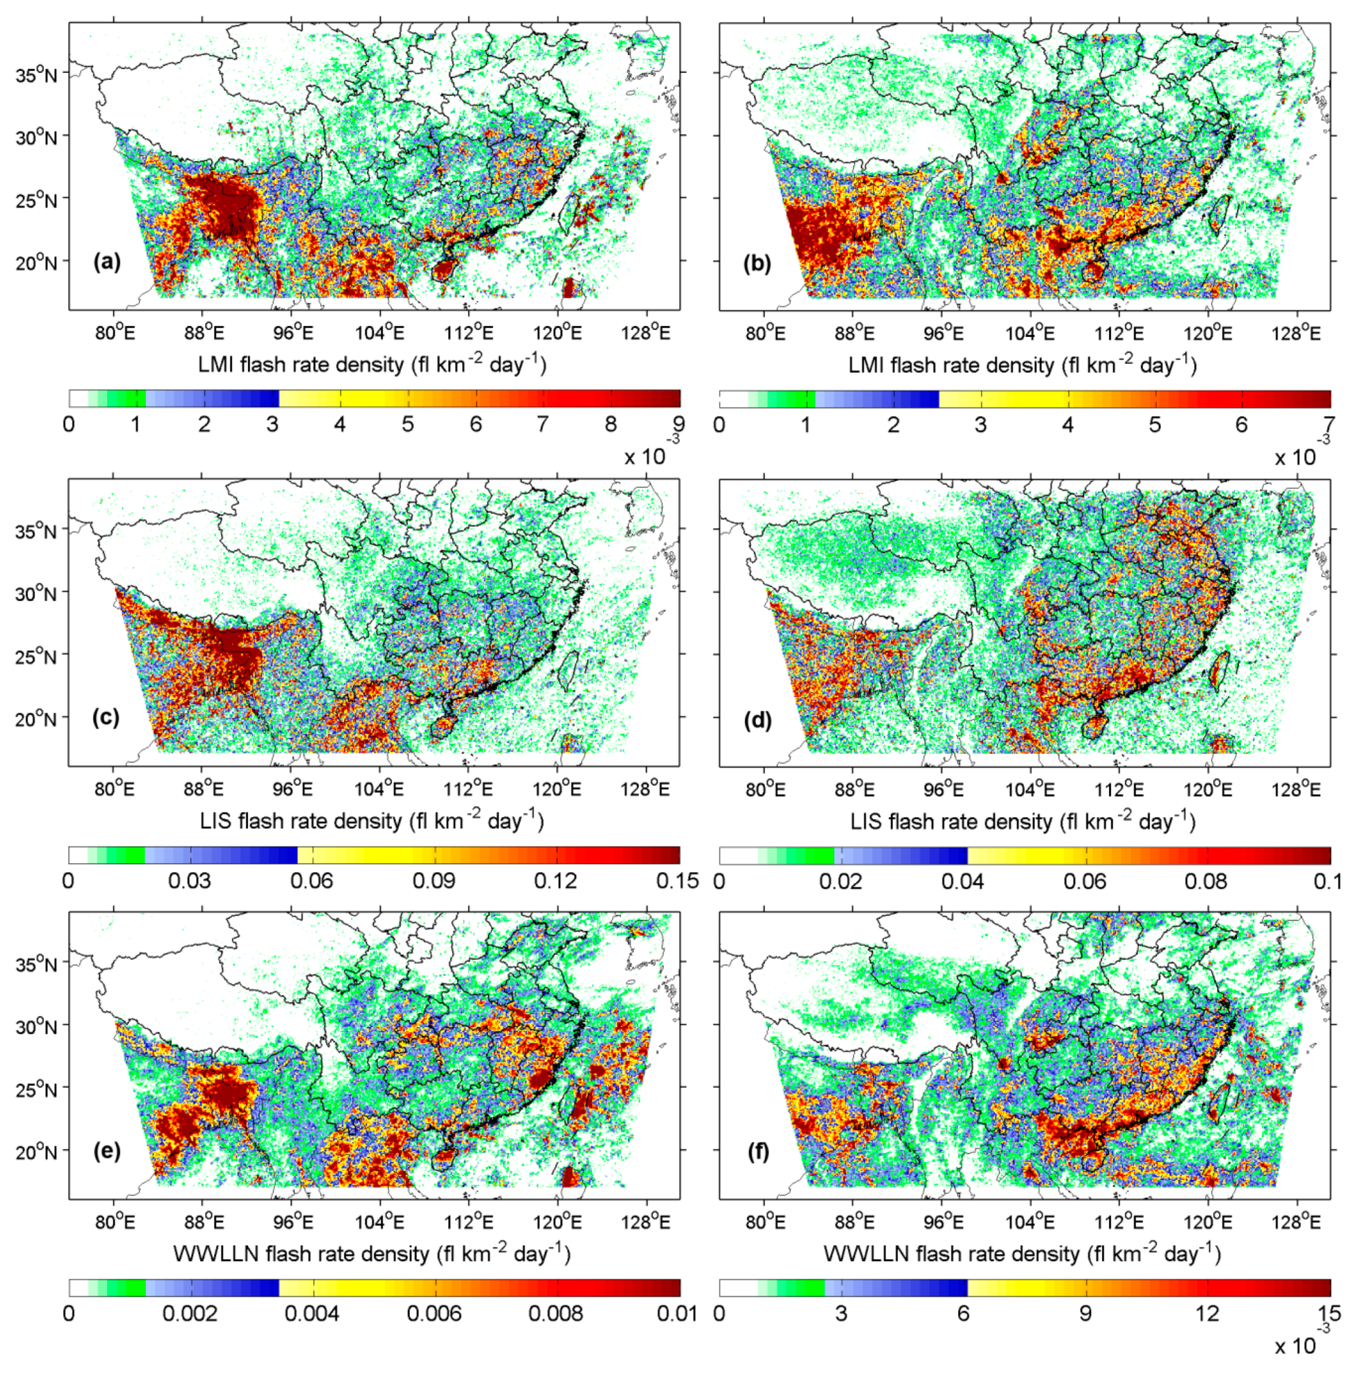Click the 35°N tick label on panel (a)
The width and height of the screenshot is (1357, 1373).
click(x=36, y=73)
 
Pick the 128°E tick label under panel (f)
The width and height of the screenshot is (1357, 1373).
click(x=1297, y=1222)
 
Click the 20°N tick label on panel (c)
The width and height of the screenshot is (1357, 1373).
click(x=36, y=719)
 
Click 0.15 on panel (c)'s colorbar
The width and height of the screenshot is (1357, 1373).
click(x=677, y=881)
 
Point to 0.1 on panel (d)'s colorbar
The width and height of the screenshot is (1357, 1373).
click(x=1328, y=881)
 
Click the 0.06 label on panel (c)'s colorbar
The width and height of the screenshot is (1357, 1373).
click(x=311, y=881)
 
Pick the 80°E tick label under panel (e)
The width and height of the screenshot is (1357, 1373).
click(x=114, y=1222)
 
